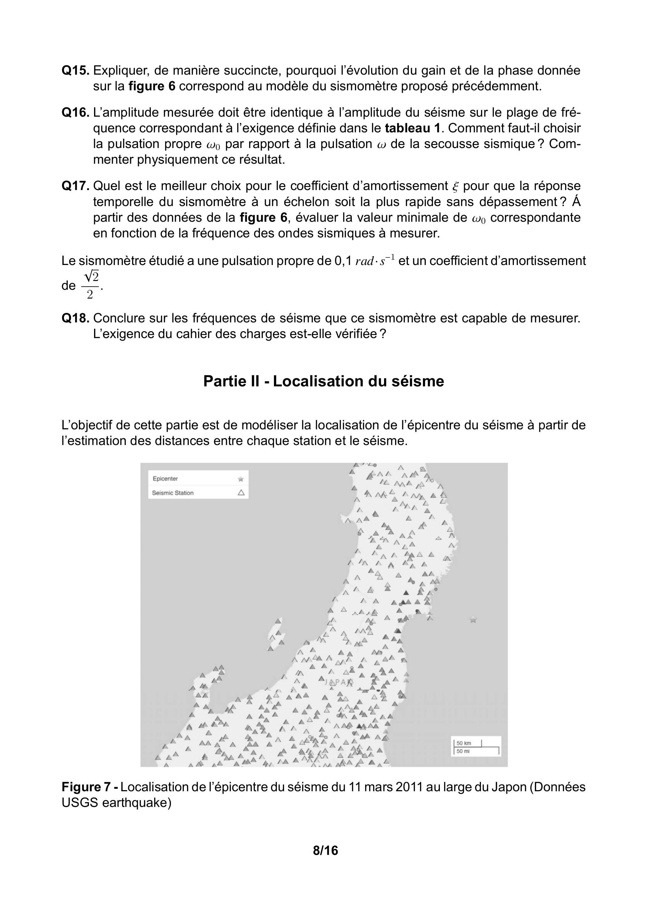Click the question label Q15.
tap(76, 71)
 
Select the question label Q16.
tap(76, 113)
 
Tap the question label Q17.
tap(76, 186)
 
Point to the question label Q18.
tap(76, 318)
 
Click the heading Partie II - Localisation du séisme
tap(324, 381)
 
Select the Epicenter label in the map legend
tap(165, 479)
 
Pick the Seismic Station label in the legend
tap(172, 493)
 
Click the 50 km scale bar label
tap(464, 743)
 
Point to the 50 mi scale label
tap(463, 751)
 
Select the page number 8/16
tap(325, 851)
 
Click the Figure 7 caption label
tap(90, 787)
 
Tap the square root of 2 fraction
tap(90, 285)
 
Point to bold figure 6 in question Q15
tap(152, 86)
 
